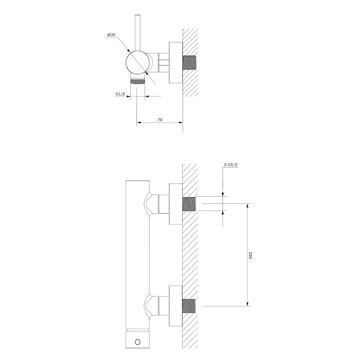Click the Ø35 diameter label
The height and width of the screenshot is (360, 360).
pyautogui.click(x=111, y=34)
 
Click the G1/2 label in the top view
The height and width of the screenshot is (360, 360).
pyautogui.click(x=120, y=94)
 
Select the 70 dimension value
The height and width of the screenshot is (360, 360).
pyautogui.click(x=160, y=119)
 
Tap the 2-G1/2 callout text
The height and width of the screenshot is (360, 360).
pyautogui.click(x=231, y=165)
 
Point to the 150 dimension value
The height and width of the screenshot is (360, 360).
pyautogui.click(x=250, y=255)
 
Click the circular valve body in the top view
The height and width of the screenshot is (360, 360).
pyautogui.click(x=137, y=63)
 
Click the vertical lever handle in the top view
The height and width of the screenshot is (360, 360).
pyautogui.click(x=138, y=33)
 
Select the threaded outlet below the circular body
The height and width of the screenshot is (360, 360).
pyautogui.click(x=138, y=82)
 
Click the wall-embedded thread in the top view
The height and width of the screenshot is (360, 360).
pyautogui.click(x=189, y=63)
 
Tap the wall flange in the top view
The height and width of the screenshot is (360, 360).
pyautogui.click(x=175, y=63)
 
